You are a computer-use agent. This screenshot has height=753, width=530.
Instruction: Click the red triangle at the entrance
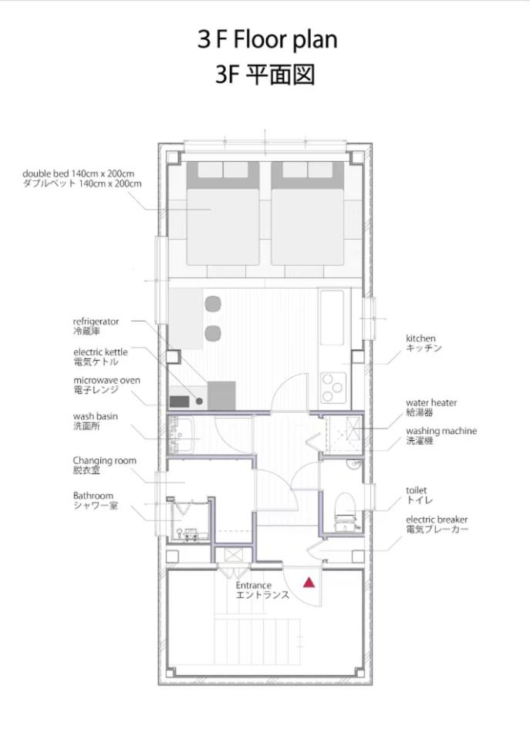click(309, 583)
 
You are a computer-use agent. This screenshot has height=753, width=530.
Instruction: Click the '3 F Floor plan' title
click(267, 39)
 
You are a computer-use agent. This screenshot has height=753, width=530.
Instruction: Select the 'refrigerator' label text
click(96, 321)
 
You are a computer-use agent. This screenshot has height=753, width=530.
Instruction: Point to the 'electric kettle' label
click(100, 352)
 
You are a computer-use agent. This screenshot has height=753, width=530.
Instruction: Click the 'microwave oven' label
click(106, 380)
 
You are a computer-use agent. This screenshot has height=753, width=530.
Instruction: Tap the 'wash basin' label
click(95, 416)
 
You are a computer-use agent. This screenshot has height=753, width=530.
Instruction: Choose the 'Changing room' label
click(105, 461)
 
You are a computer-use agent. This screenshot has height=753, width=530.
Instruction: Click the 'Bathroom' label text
click(93, 496)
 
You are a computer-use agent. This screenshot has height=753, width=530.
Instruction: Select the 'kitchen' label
click(420, 338)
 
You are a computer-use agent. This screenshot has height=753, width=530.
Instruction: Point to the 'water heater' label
click(431, 403)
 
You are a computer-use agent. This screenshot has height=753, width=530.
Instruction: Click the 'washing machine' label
click(441, 432)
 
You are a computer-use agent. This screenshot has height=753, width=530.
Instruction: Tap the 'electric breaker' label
click(437, 519)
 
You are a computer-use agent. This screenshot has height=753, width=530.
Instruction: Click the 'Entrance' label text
click(254, 586)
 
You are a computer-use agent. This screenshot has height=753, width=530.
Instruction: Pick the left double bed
click(222, 213)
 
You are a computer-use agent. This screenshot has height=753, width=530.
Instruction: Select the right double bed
click(308, 213)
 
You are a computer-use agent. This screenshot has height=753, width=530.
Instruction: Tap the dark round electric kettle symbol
click(198, 401)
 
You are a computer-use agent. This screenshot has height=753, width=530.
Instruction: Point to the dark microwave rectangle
click(179, 401)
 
